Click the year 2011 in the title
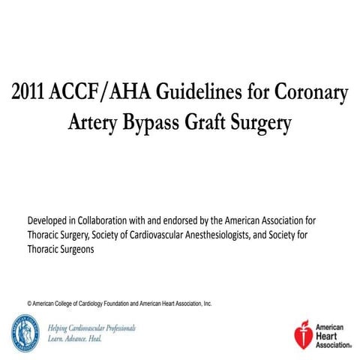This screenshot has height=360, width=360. tap(31, 95)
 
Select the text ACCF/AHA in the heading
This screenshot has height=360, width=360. tap(94, 95)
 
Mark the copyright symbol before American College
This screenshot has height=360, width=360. tap(29, 304)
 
